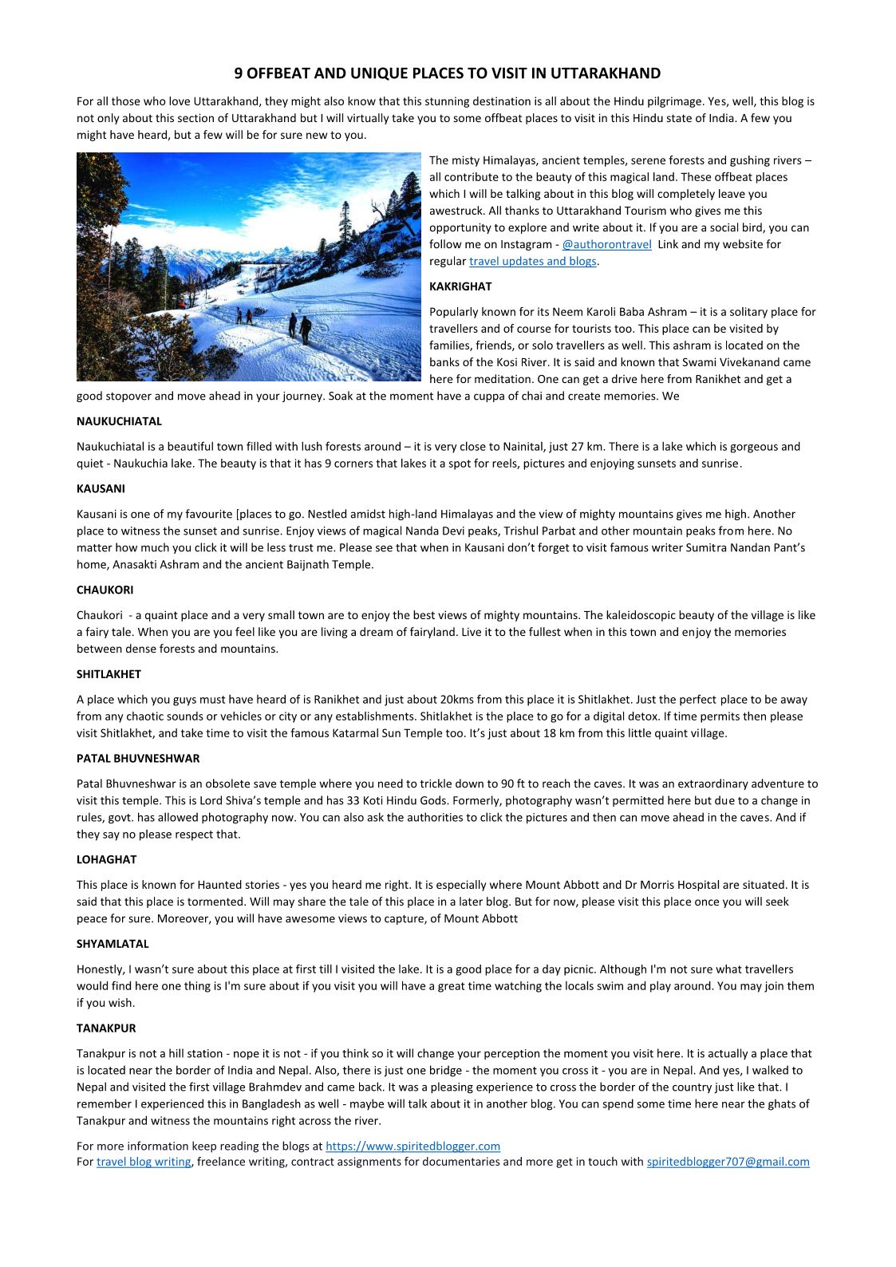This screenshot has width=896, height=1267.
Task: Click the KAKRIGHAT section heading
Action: click(x=460, y=286)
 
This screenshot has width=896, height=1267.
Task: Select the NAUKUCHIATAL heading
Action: click(x=119, y=421)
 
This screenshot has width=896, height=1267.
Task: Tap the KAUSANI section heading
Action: click(x=101, y=488)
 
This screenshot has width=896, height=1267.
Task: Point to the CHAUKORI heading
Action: click(x=105, y=590)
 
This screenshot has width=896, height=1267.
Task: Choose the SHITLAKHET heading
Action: click(x=109, y=674)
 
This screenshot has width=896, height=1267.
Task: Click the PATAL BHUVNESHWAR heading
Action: click(x=138, y=758)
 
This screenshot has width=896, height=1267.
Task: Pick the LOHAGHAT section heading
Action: click(x=106, y=859)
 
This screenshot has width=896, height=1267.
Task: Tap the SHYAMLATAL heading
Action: click(x=112, y=944)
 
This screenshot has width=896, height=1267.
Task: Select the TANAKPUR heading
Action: click(x=106, y=1028)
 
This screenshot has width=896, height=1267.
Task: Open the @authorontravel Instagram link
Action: click(x=606, y=245)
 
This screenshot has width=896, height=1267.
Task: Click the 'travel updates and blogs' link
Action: click(x=532, y=262)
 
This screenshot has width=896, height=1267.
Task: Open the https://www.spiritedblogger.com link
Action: click(x=412, y=1147)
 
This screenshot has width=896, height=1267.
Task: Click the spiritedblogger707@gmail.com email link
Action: click(x=728, y=1162)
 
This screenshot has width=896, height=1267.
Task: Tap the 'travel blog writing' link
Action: click(x=144, y=1162)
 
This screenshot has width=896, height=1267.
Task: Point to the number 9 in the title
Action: click(x=239, y=73)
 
